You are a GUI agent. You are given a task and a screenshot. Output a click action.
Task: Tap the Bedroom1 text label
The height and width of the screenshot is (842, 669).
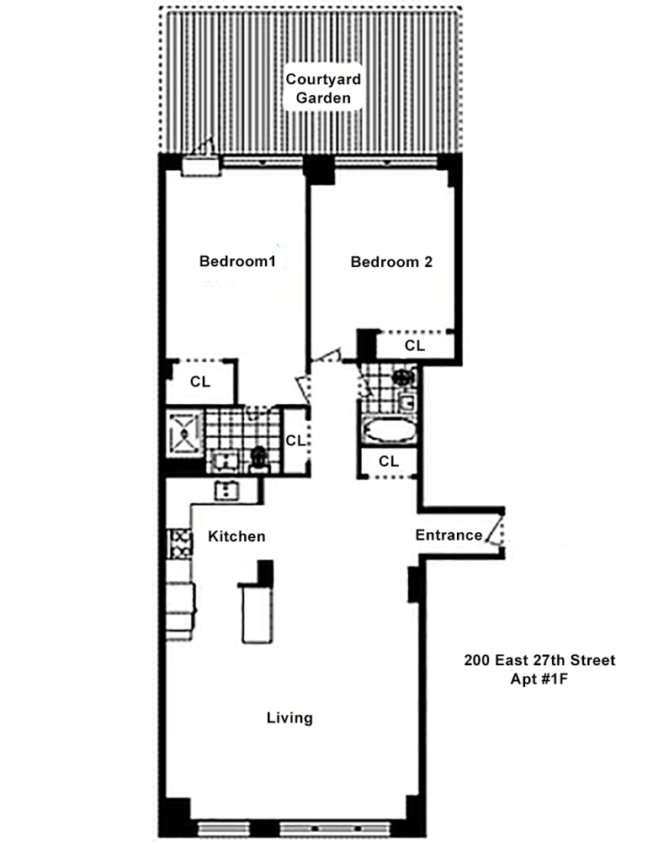(237, 261)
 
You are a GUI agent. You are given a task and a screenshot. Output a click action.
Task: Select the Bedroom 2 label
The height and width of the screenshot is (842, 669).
(391, 262)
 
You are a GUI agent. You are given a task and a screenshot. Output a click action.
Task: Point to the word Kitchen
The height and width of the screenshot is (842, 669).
(237, 536)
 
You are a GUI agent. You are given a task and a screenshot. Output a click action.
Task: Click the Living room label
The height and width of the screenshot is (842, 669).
(289, 718)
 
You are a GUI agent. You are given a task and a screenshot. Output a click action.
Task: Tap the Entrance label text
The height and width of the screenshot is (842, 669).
(449, 536)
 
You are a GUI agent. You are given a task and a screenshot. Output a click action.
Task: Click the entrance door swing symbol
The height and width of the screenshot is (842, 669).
(496, 536)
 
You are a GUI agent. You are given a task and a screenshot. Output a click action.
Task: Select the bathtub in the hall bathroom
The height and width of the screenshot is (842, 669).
(388, 431)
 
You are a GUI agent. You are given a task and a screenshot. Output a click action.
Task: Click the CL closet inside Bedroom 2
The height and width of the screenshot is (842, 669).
(415, 345)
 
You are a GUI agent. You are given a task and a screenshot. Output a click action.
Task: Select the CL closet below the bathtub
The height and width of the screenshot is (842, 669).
(388, 461)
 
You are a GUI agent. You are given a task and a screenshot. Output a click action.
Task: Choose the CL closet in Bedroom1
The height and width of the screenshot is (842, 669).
(199, 381)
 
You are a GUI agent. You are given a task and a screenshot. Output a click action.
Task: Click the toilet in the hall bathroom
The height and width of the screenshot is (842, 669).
(405, 378)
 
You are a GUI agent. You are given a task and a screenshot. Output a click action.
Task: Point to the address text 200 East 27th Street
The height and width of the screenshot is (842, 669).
(539, 660)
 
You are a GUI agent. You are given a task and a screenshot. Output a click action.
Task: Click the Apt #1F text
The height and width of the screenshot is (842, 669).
(539, 678)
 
